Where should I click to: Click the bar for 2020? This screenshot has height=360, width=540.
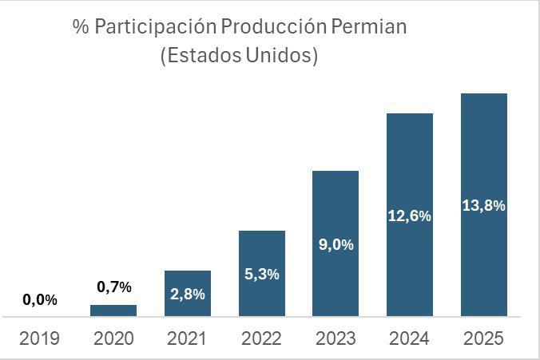(x=113, y=311)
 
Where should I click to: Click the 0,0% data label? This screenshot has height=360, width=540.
(x=40, y=300)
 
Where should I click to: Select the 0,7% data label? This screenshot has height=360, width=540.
(x=114, y=287)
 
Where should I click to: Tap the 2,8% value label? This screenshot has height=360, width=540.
(x=188, y=294)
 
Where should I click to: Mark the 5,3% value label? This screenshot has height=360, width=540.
(x=262, y=274)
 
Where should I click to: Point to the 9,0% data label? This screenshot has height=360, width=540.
(x=336, y=244)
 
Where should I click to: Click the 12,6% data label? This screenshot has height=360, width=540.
(x=410, y=216)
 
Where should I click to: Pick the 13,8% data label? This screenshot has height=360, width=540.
(x=484, y=206)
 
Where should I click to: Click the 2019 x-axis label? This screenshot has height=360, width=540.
(x=40, y=338)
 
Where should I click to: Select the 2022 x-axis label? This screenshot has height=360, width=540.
(x=262, y=338)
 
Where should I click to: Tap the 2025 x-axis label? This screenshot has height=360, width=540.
(x=484, y=338)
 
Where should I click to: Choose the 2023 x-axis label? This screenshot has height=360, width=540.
(x=336, y=338)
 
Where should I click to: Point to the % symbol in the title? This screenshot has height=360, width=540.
(x=79, y=27)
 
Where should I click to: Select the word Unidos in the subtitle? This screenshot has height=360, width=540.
(x=280, y=57)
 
